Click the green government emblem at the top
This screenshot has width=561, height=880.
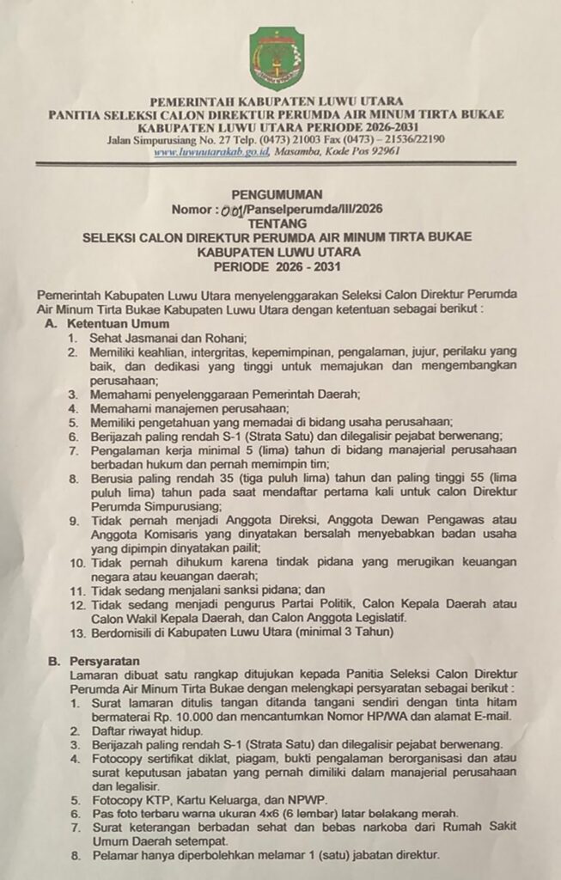point(277,58)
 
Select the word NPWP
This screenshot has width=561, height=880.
point(320,797)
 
